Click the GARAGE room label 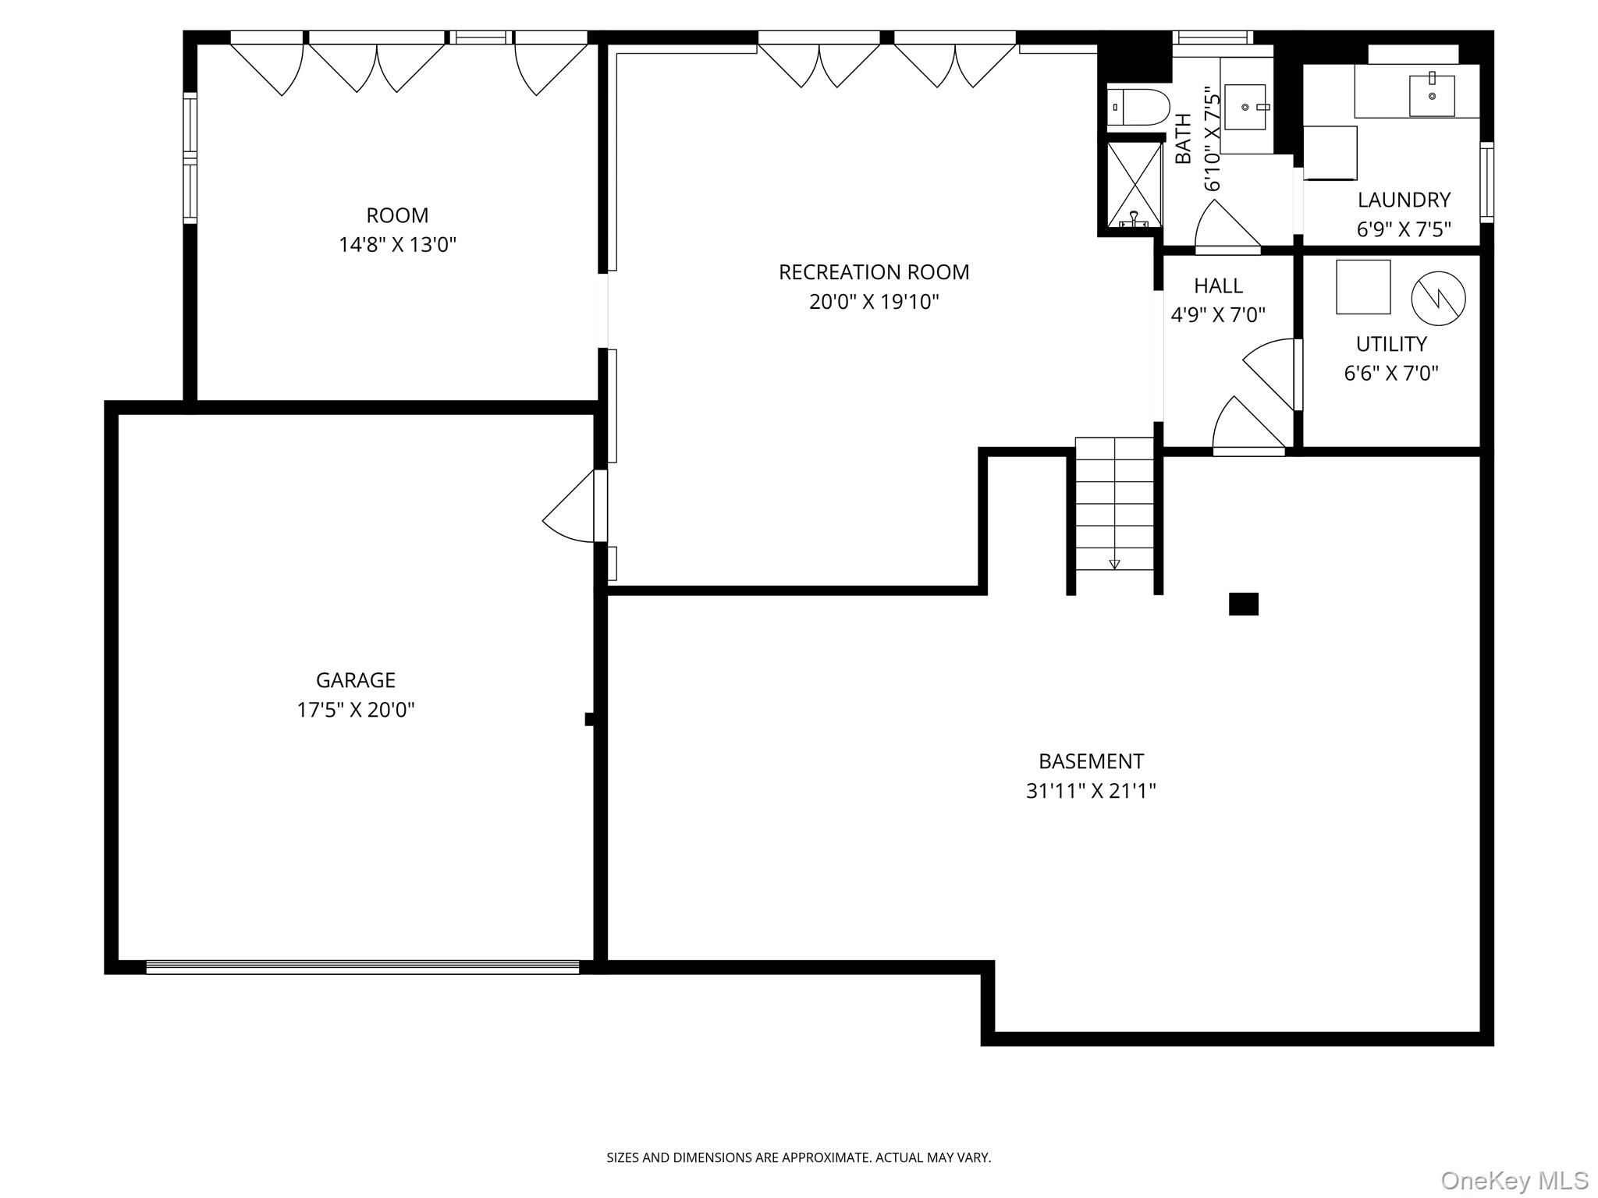tap(355, 680)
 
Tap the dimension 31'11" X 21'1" tap(1090, 791)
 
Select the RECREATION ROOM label tap(873, 272)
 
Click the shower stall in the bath tap(1135, 184)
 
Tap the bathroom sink tap(1246, 107)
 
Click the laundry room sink tap(1432, 95)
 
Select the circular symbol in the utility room tap(1438, 298)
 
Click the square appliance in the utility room tap(1362, 287)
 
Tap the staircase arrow tap(1114, 563)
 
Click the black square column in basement tap(1243, 604)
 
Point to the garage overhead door tap(363, 967)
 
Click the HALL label tap(1218, 285)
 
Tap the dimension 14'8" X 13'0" tap(397, 245)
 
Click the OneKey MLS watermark tap(1514, 1180)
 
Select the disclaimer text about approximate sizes tap(798, 1157)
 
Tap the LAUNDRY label tap(1403, 200)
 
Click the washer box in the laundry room tap(1330, 152)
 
